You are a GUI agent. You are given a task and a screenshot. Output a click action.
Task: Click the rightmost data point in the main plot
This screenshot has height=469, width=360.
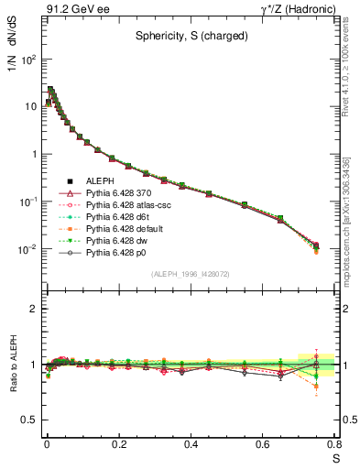[316, 245]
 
